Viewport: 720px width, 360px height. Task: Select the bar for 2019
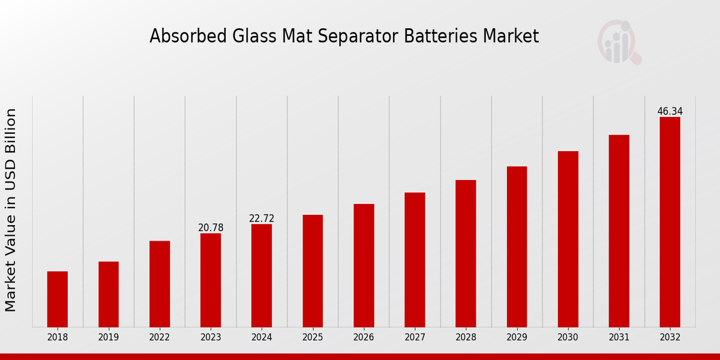[x=109, y=294]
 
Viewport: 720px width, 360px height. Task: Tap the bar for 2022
[x=160, y=284]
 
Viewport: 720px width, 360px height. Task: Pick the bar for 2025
[x=313, y=271]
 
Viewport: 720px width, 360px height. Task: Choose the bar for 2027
[x=415, y=259]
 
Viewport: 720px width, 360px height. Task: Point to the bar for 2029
[x=517, y=247]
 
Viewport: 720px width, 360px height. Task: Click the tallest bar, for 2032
[x=670, y=222]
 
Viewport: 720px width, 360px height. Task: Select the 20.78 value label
[x=211, y=228]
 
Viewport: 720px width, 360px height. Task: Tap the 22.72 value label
[x=262, y=218]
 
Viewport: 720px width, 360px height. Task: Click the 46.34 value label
[x=670, y=112]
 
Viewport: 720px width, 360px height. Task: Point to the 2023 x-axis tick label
[x=211, y=337]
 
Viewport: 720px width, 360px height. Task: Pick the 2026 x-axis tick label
[x=364, y=337]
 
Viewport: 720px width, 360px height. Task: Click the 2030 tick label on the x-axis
[x=568, y=337]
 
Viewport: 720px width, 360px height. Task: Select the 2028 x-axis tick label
[x=466, y=337]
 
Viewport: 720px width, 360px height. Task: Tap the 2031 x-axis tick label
[x=619, y=337]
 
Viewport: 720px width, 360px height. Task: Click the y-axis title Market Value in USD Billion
[x=11, y=210]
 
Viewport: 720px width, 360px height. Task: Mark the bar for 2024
[x=262, y=275]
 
